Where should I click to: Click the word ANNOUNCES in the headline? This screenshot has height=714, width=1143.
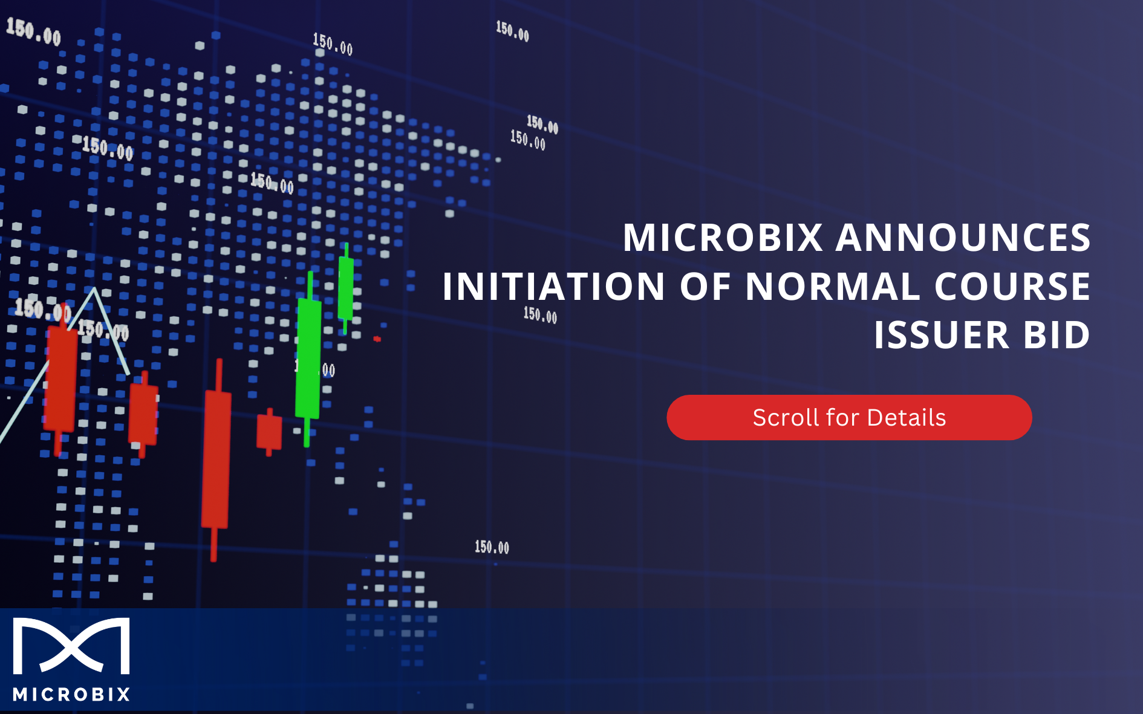tap(963, 237)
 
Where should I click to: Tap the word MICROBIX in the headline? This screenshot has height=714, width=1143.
tap(723, 237)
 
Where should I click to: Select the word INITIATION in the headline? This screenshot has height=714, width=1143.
tap(553, 286)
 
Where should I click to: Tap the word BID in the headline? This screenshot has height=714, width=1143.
tap(1057, 335)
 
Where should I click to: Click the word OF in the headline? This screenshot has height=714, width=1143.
tap(705, 286)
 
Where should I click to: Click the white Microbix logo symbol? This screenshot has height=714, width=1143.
tap(71, 646)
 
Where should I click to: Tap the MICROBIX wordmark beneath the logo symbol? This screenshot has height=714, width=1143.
tap(71, 694)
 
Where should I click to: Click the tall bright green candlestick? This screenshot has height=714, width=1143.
tap(308, 358)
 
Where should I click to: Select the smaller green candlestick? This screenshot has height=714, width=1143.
tap(346, 287)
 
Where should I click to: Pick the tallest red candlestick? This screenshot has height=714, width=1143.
tap(216, 459)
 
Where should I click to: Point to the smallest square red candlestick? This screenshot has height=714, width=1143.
tap(269, 431)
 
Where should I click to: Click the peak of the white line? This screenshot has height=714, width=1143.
tap(94, 289)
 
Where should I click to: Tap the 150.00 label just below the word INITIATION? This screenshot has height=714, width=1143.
tap(540, 315)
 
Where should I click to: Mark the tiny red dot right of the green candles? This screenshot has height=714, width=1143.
tap(377, 339)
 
